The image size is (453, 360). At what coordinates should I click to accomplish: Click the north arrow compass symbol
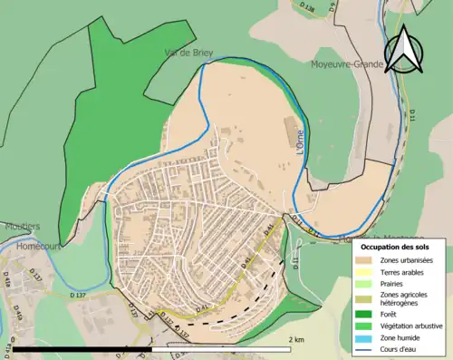coord(402,50)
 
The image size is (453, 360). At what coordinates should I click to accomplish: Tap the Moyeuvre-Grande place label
coord(345,64)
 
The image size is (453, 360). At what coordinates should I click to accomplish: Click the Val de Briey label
coord(188,53)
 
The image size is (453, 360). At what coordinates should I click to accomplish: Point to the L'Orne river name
coord(300,143)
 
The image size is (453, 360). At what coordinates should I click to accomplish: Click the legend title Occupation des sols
coord(395,246)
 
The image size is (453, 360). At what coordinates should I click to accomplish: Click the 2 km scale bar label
coord(295,338)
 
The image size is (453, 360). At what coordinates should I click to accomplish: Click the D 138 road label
coord(307,7)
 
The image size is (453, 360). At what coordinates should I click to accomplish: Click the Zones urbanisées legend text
coord(407,260)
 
